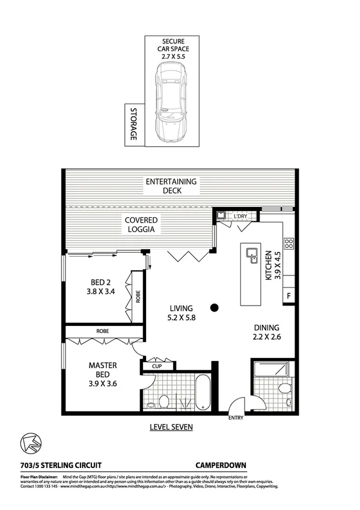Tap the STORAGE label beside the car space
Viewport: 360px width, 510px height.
[132, 125]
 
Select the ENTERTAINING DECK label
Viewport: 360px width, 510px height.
[171, 186]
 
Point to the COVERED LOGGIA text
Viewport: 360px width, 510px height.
[141, 225]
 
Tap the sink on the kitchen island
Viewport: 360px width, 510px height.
[251, 256]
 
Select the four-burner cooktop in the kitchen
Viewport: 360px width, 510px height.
[288, 244]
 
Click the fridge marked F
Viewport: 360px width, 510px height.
[289, 295]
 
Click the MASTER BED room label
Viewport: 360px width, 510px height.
[102, 374]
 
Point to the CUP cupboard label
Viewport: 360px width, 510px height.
[156, 365]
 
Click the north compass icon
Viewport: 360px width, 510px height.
[29, 443]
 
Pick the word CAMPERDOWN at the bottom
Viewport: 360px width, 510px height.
[221, 465]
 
